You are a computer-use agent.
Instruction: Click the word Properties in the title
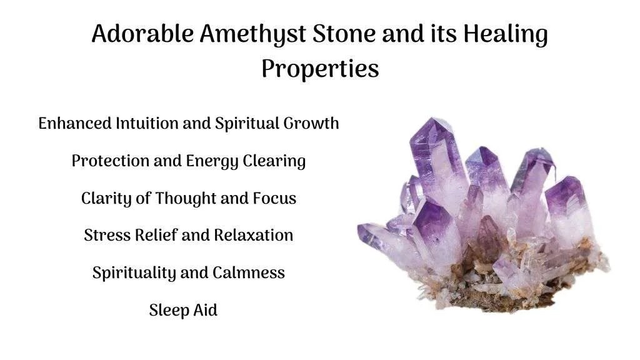(x=320, y=69)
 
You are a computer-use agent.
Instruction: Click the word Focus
(x=274, y=199)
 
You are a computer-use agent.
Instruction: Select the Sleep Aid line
(x=183, y=310)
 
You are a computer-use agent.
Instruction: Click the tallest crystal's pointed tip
(x=439, y=121)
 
